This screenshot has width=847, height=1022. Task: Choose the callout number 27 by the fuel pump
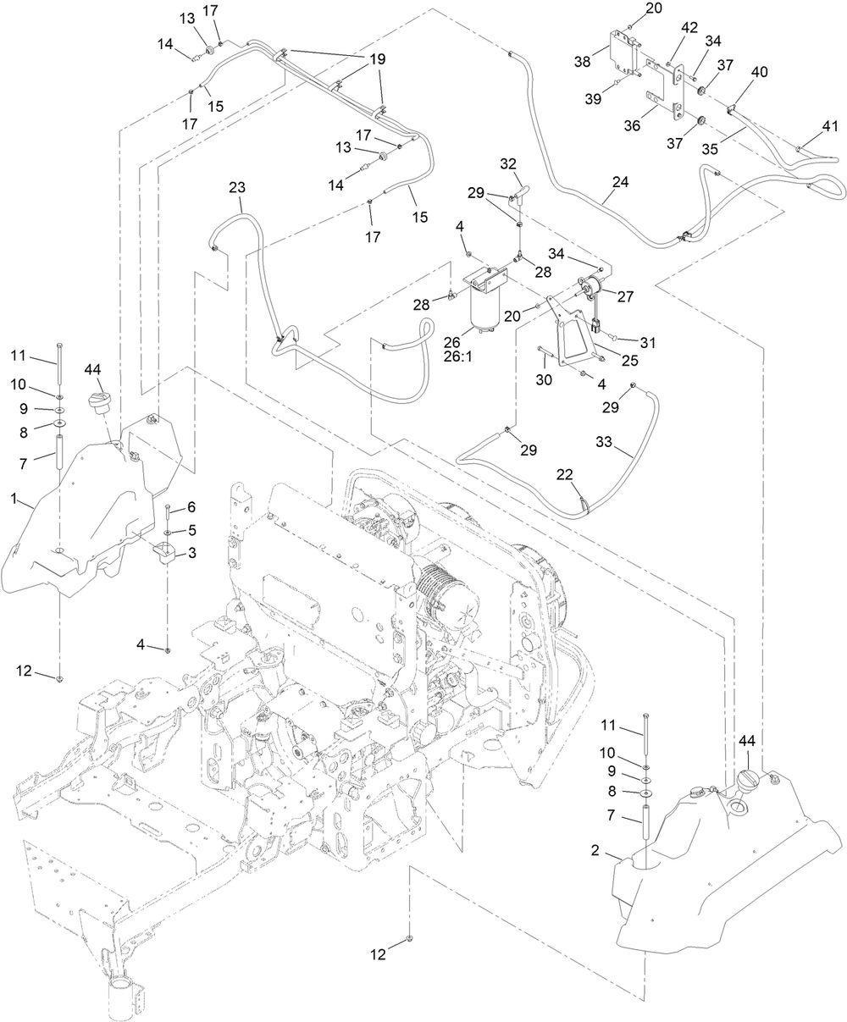tap(626, 296)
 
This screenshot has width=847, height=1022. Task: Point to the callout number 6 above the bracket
tap(191, 506)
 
